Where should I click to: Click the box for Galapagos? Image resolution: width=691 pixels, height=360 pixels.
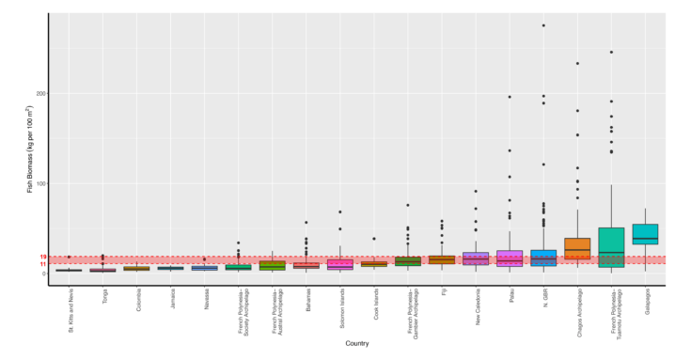coord(645,234)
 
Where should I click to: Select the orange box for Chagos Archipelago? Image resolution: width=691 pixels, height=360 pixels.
coord(577,248)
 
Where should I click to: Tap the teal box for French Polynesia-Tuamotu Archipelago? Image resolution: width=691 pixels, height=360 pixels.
coord(611,247)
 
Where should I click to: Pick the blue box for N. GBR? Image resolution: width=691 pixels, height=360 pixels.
coord(543,258)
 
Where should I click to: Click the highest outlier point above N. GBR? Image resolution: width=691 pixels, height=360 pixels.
coord(543,25)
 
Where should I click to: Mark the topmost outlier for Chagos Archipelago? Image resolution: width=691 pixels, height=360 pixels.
coord(577,64)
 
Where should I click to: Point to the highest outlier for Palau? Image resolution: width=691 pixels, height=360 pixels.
coord(510,97)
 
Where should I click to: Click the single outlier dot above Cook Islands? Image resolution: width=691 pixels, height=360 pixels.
coord(374,239)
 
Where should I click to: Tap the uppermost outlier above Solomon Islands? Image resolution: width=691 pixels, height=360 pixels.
coord(340,212)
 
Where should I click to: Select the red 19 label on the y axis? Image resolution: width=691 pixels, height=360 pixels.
coord(43,257)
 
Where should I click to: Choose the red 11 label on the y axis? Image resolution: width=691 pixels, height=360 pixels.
coord(43,264)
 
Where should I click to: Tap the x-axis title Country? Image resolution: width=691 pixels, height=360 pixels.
coord(356,344)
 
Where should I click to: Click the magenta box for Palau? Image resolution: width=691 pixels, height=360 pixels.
coord(510,258)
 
